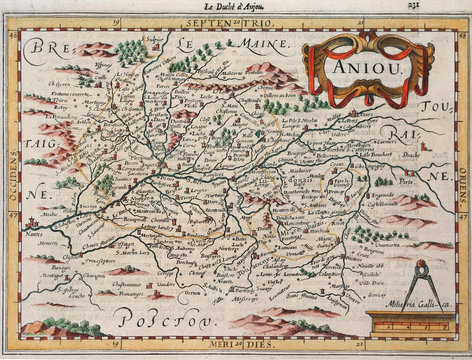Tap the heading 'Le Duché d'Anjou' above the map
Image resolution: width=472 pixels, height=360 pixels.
223,8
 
